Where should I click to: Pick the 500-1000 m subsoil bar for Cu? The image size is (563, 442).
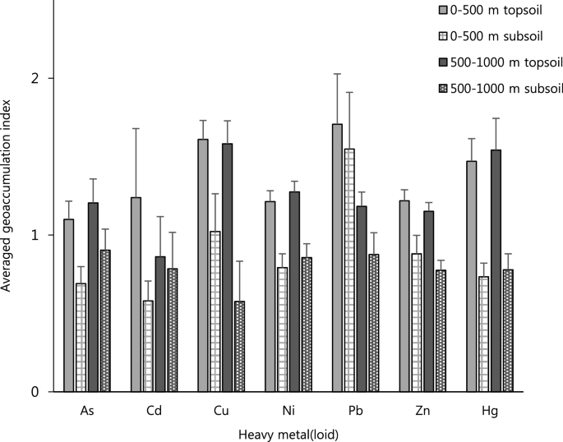(239, 347)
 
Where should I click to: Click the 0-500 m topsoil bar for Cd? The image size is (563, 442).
(136, 295)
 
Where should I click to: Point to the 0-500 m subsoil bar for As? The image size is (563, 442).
(81, 338)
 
